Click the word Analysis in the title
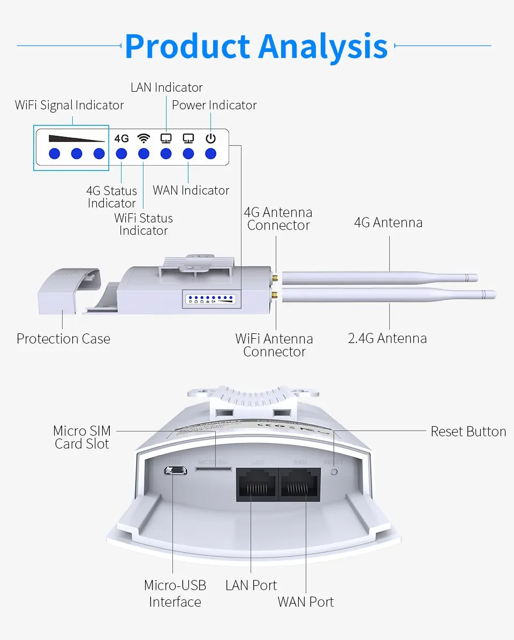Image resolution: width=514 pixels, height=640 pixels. (x=323, y=47)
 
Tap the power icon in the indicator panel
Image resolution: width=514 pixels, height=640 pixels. (x=211, y=138)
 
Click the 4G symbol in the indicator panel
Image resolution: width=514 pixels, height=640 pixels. (x=122, y=138)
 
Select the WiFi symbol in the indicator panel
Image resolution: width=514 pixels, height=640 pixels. (x=143, y=138)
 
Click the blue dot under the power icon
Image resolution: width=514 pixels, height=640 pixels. (x=211, y=154)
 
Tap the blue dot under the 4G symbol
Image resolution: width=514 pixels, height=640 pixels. (x=122, y=154)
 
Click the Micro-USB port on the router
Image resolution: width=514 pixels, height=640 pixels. (x=175, y=471)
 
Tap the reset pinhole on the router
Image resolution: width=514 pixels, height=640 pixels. (x=335, y=472)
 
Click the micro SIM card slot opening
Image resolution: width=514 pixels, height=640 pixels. (x=214, y=468)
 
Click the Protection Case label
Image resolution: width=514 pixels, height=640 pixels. (x=63, y=339)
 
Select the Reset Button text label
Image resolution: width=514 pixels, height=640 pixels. (x=468, y=431)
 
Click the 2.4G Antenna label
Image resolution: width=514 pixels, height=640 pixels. (x=387, y=338)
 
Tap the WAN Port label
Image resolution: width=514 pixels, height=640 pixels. (x=305, y=601)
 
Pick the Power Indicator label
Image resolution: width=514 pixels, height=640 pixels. (x=214, y=105)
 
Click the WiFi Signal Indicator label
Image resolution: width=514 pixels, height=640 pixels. (x=69, y=105)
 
